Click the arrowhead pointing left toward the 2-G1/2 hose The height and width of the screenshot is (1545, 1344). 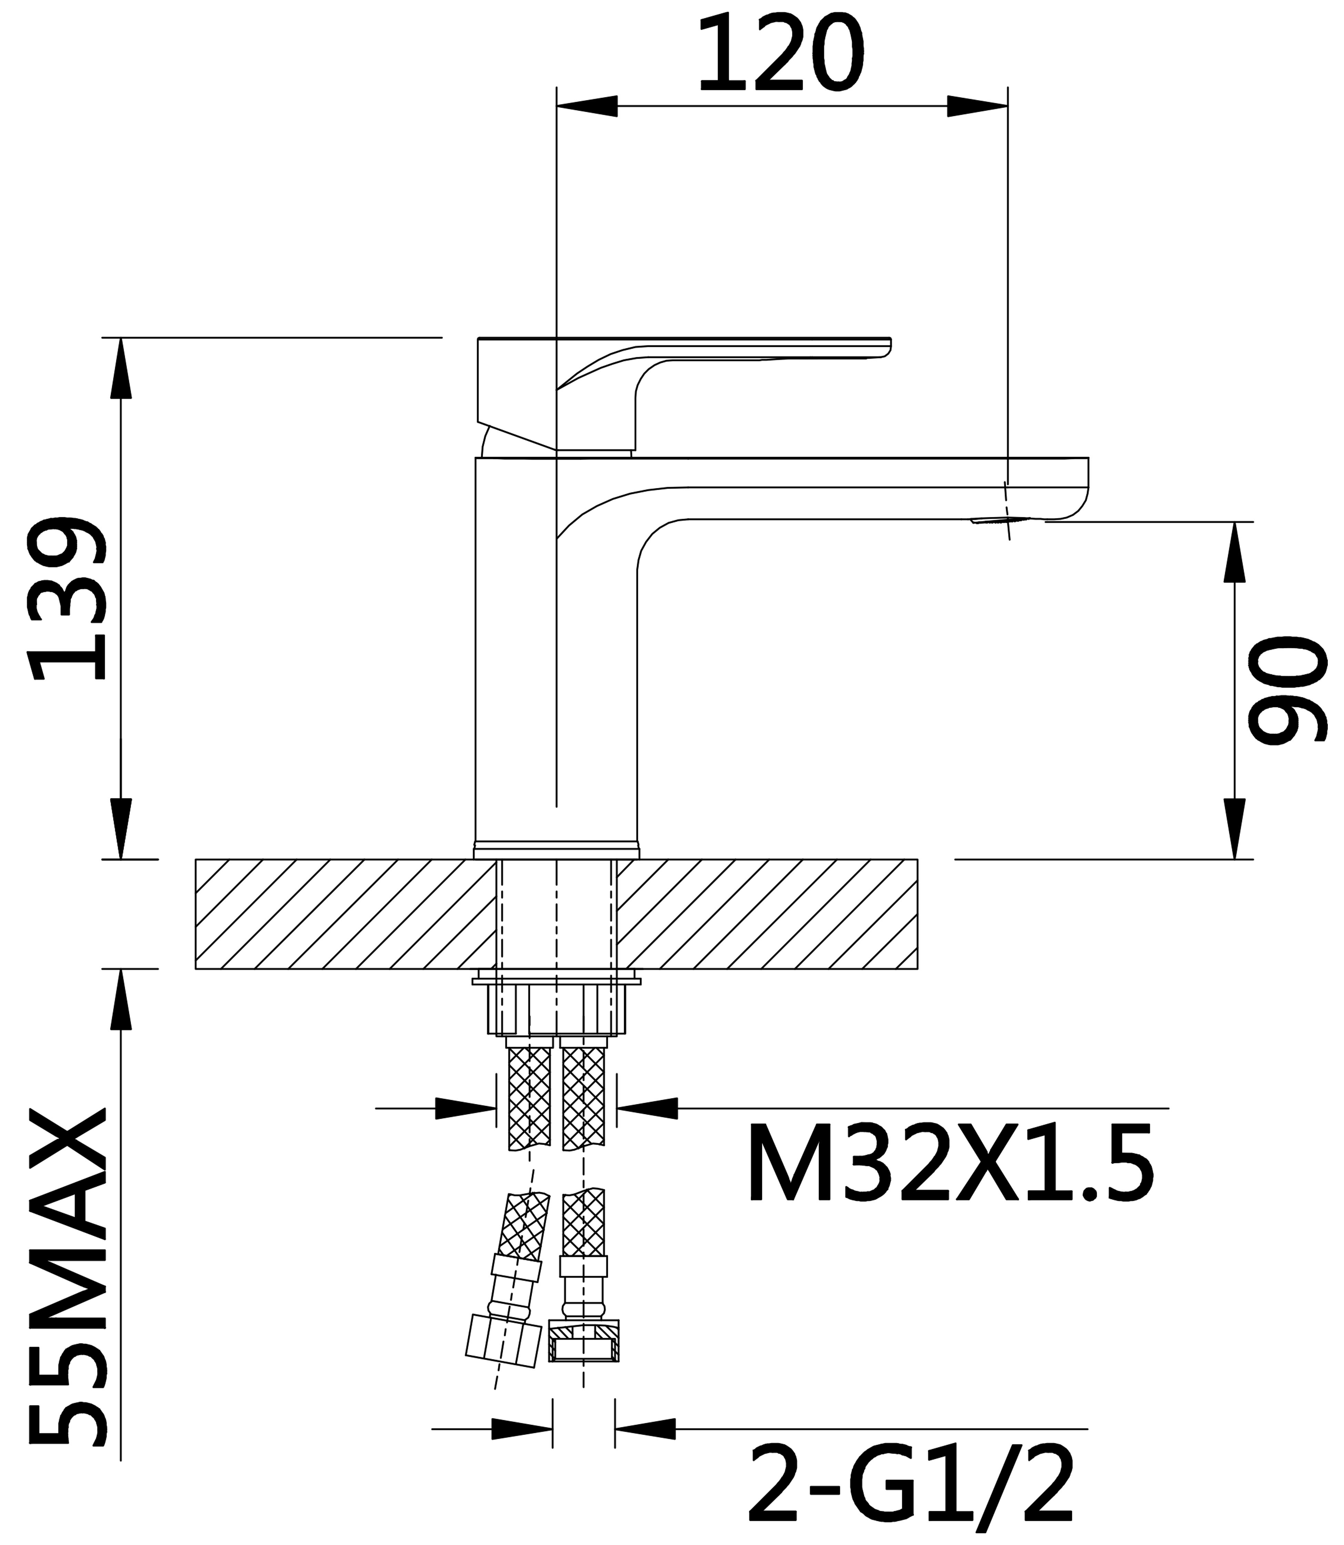645,1429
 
